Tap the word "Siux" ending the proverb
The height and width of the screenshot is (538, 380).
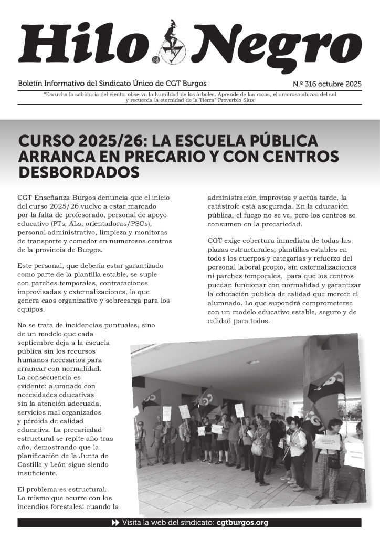click(x=247, y=100)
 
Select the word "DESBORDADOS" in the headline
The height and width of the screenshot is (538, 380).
click(x=79, y=172)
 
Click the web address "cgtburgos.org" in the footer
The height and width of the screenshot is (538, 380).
click(x=242, y=523)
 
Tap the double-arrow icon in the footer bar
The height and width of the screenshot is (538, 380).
click(x=116, y=523)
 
